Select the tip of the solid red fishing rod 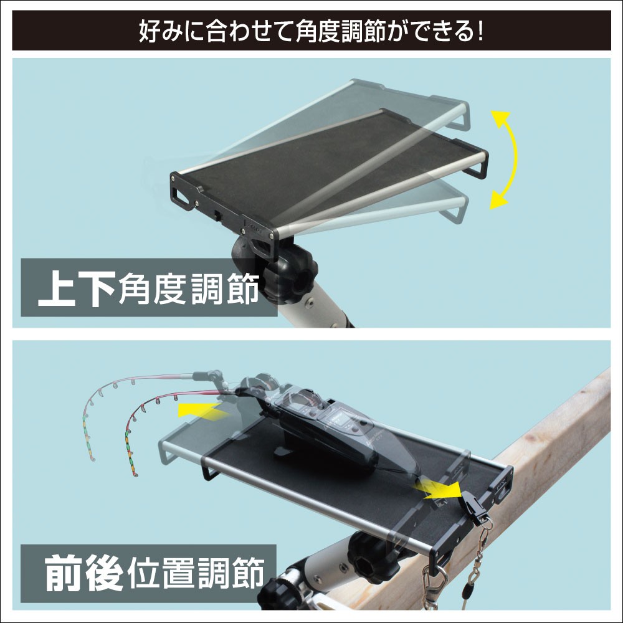[x=134, y=475]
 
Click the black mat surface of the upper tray [x=324, y=168]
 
